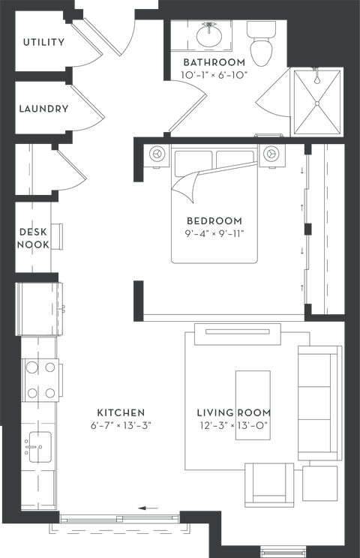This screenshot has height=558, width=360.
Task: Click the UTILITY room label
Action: [x=43, y=42]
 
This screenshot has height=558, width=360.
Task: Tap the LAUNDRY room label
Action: [x=43, y=109]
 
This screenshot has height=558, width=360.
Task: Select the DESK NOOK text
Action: [x=33, y=238]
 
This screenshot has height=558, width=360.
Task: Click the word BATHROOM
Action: [x=214, y=62]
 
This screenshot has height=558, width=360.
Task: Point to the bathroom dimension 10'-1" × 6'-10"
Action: [x=214, y=76]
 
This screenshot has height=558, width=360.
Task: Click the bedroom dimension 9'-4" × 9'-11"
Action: [x=214, y=233]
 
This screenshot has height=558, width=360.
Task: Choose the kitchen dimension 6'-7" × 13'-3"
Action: [x=121, y=425]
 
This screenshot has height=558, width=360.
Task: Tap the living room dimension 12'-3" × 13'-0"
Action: [x=233, y=425]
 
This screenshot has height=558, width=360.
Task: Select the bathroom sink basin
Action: [x=209, y=35]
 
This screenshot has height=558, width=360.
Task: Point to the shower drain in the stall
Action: [x=317, y=103]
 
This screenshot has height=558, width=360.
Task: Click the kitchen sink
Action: [x=40, y=447]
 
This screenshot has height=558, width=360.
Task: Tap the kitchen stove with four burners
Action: [x=41, y=380]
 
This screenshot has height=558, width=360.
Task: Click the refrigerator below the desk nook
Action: [x=38, y=309]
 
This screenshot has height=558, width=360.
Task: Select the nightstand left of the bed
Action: [x=157, y=154]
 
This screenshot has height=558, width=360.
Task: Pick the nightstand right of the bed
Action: [x=271, y=154]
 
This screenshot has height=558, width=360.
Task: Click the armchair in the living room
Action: [x=269, y=484]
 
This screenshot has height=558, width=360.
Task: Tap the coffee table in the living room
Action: [x=253, y=405]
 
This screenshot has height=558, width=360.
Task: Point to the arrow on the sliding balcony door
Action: [x=148, y=508]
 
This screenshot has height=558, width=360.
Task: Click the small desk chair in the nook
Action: [x=57, y=236]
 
